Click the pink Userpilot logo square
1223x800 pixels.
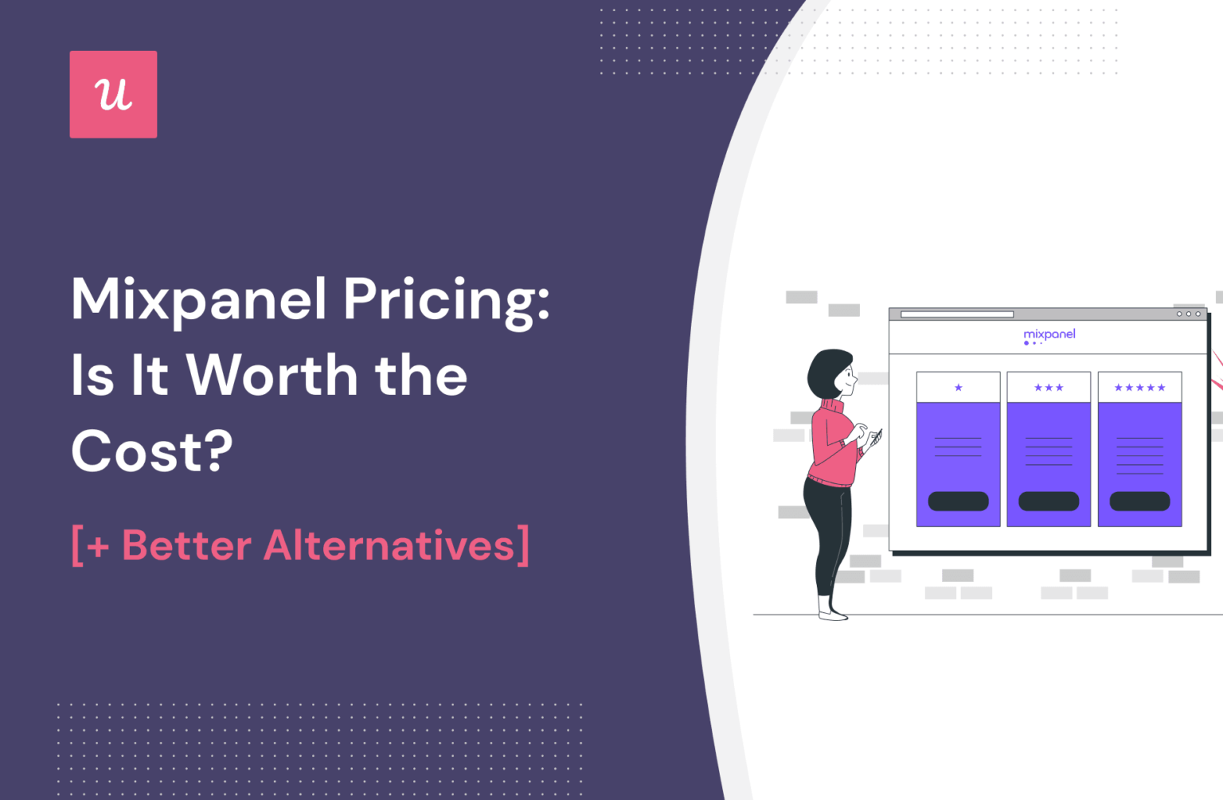[x=113, y=95]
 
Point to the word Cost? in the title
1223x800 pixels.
[x=151, y=451]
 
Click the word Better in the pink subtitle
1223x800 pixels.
[x=186, y=546]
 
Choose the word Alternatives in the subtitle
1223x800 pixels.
[x=389, y=546]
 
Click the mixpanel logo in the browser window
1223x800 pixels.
[x=1049, y=335]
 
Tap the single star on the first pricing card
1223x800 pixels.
[x=958, y=388]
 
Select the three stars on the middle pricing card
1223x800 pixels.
[x=1049, y=388]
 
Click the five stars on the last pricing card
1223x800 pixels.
[x=1139, y=388]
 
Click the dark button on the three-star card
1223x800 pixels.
[x=1049, y=501]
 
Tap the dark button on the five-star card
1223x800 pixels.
[x=1139, y=501]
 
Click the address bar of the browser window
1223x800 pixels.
[x=956, y=314]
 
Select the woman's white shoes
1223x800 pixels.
[x=832, y=615]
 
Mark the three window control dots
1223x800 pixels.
[x=1188, y=314]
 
